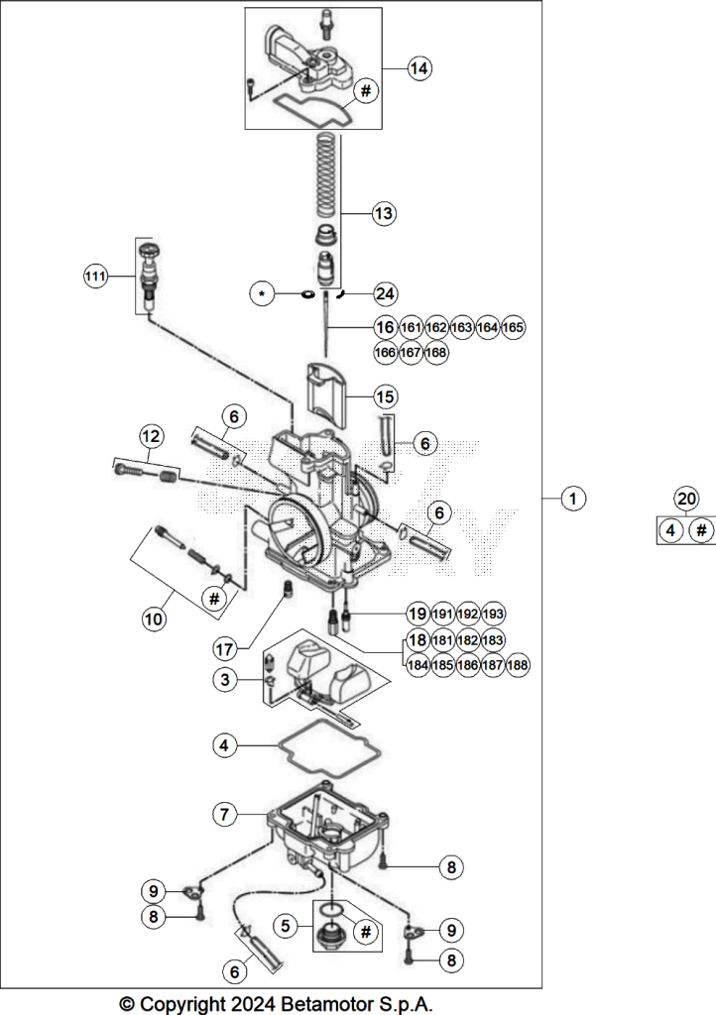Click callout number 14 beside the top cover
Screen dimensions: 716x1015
pyautogui.click(x=419, y=68)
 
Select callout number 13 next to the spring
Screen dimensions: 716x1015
pyautogui.click(x=384, y=213)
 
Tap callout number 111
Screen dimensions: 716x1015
pyautogui.click(x=95, y=277)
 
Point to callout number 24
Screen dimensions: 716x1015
pyautogui.click(x=385, y=293)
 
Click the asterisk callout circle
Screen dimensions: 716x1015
pyautogui.click(x=262, y=293)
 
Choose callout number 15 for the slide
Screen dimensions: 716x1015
pyautogui.click(x=385, y=396)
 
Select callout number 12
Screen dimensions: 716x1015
pyautogui.click(x=151, y=436)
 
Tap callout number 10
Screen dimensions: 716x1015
pyautogui.click(x=154, y=619)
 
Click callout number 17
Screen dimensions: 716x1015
pyautogui.click(x=225, y=648)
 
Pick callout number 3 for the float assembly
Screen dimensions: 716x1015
pyautogui.click(x=225, y=680)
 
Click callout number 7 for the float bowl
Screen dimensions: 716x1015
pyautogui.click(x=225, y=814)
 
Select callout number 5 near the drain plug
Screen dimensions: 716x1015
pyautogui.click(x=286, y=927)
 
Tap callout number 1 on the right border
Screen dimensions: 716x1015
pyautogui.click(x=573, y=499)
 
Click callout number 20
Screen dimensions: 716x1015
pyautogui.click(x=686, y=499)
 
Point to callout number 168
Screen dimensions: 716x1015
pyautogui.click(x=436, y=352)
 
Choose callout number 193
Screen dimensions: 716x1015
pyautogui.click(x=493, y=614)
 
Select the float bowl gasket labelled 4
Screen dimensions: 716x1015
pyautogui.click(x=330, y=748)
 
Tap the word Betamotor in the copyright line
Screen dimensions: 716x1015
pyautogui.click(x=326, y=1004)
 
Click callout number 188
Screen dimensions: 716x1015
pyautogui.click(x=518, y=665)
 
